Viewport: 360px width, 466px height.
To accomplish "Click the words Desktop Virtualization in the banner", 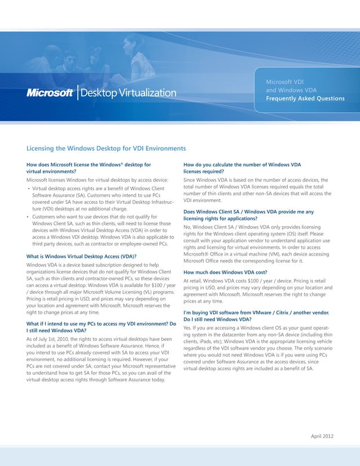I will pos(128,93).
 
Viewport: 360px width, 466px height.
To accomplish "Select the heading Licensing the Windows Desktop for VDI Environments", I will pos(106,148).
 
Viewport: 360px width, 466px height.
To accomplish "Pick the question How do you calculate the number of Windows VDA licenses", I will pos(243,168).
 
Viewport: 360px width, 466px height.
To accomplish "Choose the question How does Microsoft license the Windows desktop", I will pos(89,168).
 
